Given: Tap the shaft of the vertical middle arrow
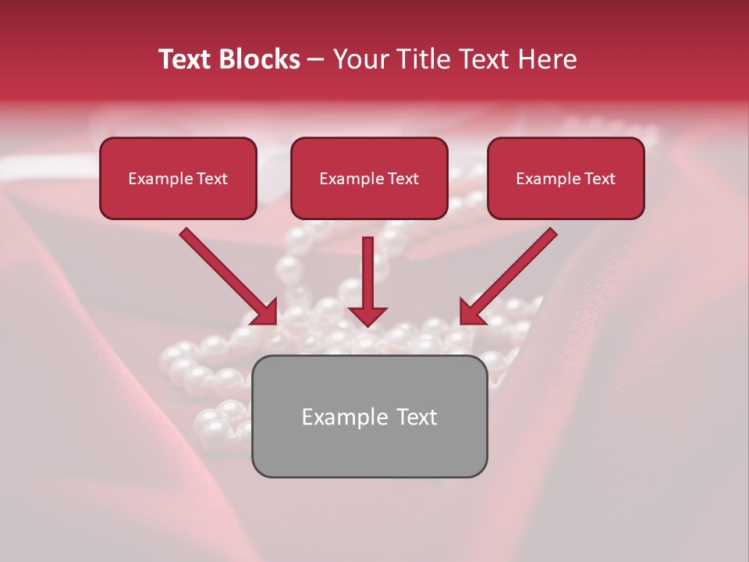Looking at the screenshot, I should tap(367, 269).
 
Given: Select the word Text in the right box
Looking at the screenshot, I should tap(599, 179).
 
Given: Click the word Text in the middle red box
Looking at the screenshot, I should tap(403, 179).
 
